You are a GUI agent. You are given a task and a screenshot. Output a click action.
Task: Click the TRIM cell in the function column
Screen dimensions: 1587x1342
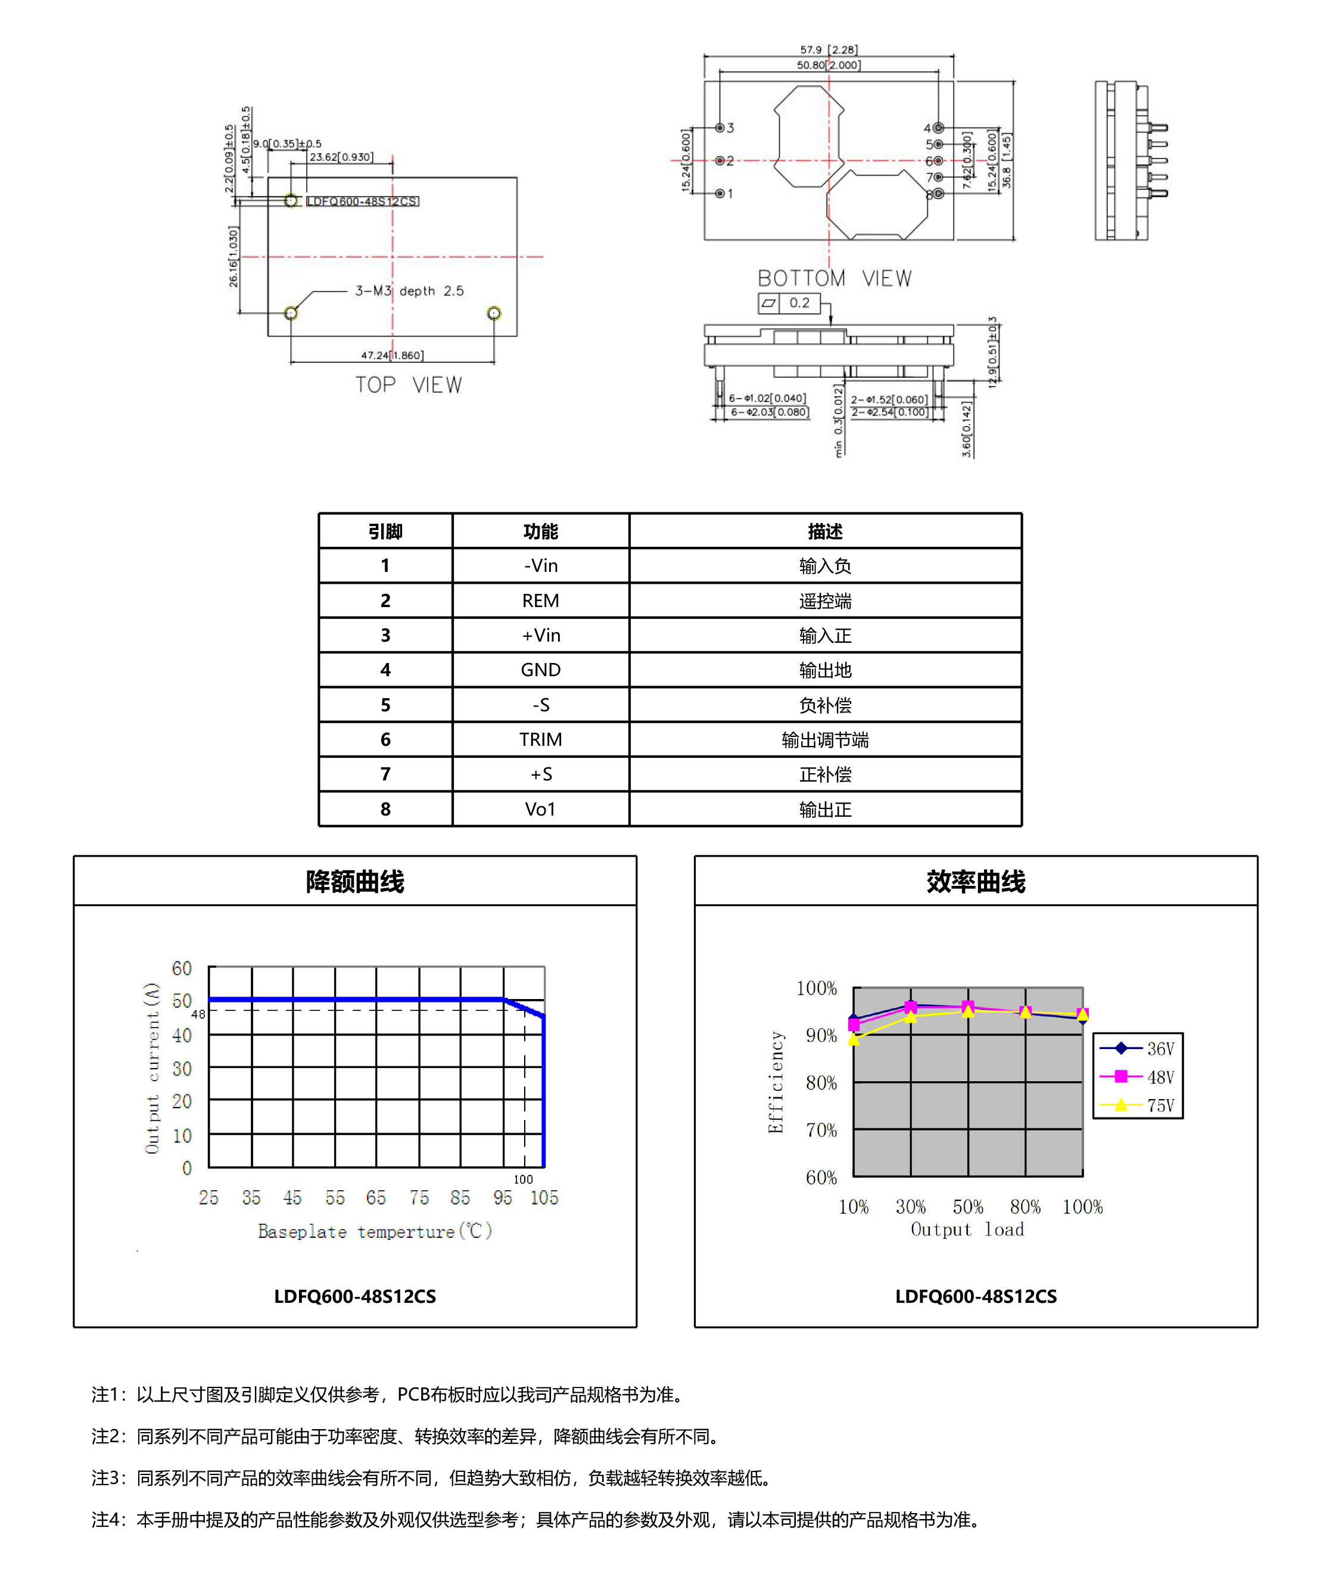point(540,739)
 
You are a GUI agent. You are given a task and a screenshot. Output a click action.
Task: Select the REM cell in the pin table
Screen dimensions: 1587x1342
point(540,600)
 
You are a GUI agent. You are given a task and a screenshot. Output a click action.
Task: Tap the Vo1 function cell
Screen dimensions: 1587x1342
point(540,809)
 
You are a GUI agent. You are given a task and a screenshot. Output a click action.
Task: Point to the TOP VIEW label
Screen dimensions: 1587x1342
point(409,385)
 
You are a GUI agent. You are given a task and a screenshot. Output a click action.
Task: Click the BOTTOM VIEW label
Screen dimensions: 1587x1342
point(835,278)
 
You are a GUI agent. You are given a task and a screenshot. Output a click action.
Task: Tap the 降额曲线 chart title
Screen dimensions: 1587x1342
point(354,881)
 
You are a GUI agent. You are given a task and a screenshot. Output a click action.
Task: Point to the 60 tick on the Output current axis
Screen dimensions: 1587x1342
point(182,969)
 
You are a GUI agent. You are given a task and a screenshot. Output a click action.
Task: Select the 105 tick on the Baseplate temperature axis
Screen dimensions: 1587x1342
point(544,1197)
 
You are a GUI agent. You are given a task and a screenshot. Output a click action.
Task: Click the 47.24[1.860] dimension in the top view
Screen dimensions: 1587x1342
point(392,355)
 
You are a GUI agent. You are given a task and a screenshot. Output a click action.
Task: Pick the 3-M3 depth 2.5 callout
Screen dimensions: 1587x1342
point(409,291)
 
